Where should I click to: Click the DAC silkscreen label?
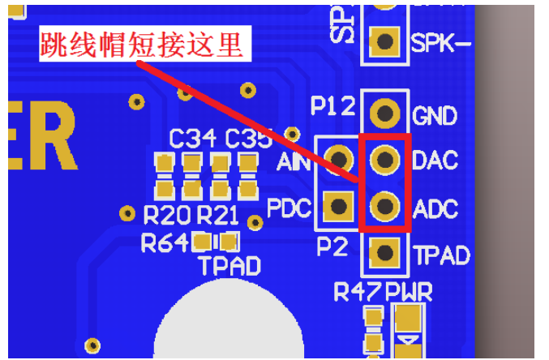435,160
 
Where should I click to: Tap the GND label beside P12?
435,115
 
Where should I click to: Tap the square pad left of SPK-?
385,41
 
